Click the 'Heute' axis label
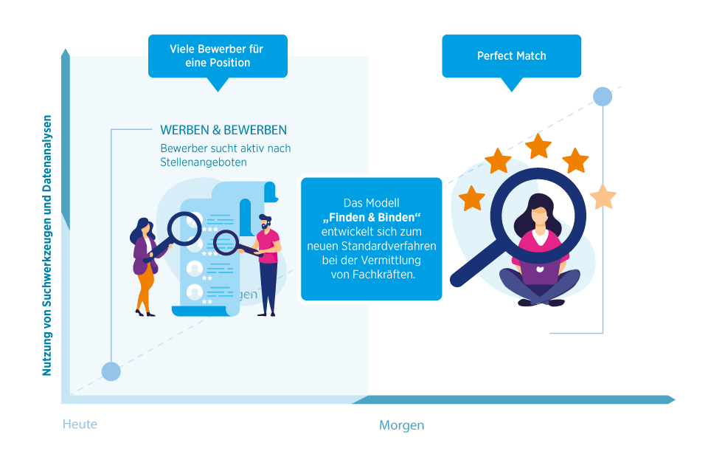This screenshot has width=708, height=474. click(x=80, y=425)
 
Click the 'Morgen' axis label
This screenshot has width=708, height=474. click(x=401, y=425)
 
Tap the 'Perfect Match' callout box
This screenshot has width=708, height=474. click(x=511, y=56)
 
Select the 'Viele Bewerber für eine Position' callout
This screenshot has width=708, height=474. click(x=216, y=56)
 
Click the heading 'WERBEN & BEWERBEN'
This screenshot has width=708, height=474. click(x=223, y=130)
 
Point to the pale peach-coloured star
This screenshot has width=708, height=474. click(x=603, y=196)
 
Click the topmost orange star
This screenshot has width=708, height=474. click(x=538, y=146)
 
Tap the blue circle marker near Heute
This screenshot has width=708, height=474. click(x=111, y=371)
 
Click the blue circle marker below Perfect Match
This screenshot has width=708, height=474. click(x=603, y=97)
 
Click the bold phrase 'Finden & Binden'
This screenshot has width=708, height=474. click(x=371, y=217)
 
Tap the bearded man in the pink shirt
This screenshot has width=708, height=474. click(x=268, y=262)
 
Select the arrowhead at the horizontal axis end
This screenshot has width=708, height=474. click(x=671, y=399)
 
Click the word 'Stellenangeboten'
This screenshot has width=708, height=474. click(x=203, y=162)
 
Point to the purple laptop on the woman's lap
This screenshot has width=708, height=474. click(x=541, y=275)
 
